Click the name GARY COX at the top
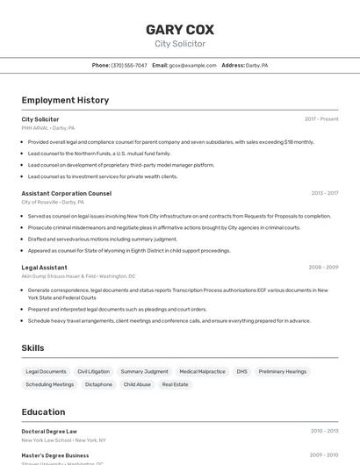(x=180, y=29)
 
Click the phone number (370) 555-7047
(x=129, y=65)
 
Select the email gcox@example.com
(x=192, y=65)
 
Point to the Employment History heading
(x=65, y=100)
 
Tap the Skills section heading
(x=32, y=348)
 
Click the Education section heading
(x=43, y=411)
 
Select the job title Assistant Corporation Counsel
(x=66, y=193)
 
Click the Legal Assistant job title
(x=44, y=268)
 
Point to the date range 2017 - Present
(x=321, y=119)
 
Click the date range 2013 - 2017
(x=325, y=193)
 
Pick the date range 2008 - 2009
(x=323, y=268)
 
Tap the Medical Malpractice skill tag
(x=202, y=372)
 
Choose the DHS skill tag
(x=241, y=372)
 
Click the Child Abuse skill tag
(x=137, y=384)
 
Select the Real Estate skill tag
(x=176, y=384)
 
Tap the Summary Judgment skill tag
(x=144, y=372)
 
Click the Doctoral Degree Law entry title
(x=49, y=431)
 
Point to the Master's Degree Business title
(x=55, y=455)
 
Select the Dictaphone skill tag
(x=98, y=384)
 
